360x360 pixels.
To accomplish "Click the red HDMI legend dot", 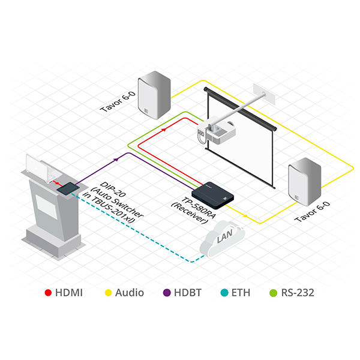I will click(x=48, y=293).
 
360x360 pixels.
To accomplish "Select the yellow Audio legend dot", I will click(x=109, y=293).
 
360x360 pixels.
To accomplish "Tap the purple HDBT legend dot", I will click(x=167, y=293).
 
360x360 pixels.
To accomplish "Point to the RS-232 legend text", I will click(x=298, y=293).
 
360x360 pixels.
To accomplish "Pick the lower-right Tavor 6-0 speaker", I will click(x=305, y=180).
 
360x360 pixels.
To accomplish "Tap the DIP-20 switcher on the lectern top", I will click(x=67, y=188).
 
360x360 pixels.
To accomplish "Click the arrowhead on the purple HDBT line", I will click(x=116, y=159).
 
